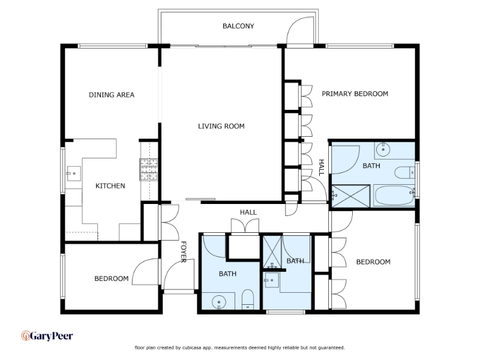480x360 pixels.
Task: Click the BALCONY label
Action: (238, 26)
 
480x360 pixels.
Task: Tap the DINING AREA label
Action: (112, 95)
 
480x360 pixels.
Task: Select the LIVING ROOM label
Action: (221, 126)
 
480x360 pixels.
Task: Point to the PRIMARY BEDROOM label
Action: (355, 94)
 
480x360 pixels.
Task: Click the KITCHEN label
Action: (110, 186)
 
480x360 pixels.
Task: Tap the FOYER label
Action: (184, 252)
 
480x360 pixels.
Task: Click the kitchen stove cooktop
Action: (149, 169)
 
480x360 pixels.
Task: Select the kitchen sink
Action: (73, 173)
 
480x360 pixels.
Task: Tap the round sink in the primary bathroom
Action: (382, 149)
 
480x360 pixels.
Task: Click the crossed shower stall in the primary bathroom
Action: (351, 196)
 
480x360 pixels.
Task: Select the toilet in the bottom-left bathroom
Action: (248, 299)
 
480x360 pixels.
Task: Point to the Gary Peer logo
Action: (47, 336)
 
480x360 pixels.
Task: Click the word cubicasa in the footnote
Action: (192, 348)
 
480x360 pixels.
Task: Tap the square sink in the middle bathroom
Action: (272, 280)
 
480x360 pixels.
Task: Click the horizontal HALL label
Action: (248, 212)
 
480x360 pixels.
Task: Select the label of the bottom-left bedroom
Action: (112, 278)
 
